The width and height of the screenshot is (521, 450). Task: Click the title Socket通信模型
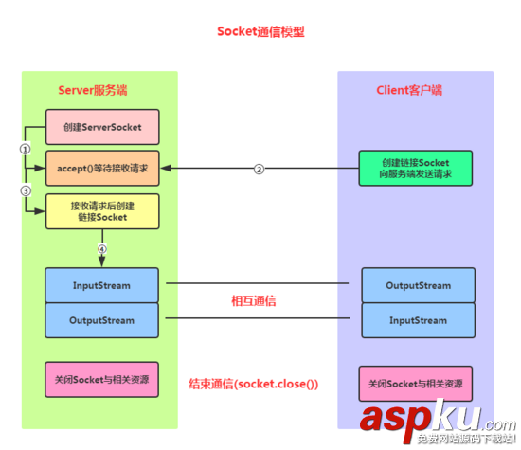260,31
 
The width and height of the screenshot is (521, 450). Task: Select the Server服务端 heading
93,90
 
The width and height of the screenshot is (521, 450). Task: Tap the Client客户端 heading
410,90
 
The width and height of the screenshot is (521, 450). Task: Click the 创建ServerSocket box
101,127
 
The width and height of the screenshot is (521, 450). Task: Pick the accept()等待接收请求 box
101,169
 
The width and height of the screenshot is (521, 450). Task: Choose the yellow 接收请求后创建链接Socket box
101,211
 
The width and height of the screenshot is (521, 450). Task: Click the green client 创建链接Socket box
416,169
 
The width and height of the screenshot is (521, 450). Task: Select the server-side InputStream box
101,284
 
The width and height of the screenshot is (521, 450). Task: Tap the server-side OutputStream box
101,320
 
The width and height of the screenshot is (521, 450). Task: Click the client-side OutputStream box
418,284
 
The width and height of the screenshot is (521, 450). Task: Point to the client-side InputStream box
418,320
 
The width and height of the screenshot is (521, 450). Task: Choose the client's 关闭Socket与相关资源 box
416,385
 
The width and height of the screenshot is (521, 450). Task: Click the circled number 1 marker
26,148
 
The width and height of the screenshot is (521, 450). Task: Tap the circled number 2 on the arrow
257,170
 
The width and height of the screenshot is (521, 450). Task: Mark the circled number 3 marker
26,190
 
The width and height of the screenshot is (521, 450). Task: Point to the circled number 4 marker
101,250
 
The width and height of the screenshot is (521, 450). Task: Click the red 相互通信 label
259,300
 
